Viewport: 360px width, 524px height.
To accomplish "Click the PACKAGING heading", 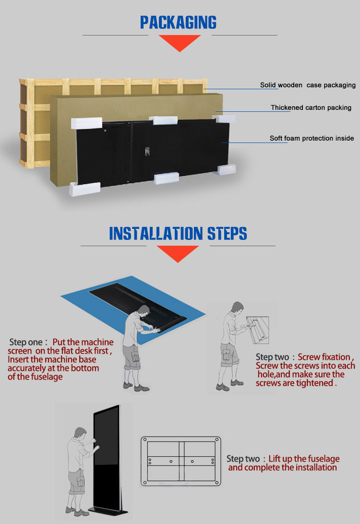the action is (x=178, y=23).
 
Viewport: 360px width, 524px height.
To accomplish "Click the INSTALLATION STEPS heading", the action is (x=178, y=233).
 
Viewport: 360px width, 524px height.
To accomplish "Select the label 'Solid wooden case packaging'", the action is (x=308, y=85).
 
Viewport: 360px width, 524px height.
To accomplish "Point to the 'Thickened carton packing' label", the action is (x=311, y=107).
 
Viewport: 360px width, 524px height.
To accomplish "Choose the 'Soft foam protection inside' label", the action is (x=312, y=138).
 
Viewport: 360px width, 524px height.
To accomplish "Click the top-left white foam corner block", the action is (x=86, y=123).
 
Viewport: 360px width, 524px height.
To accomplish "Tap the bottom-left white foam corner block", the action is (x=84, y=189).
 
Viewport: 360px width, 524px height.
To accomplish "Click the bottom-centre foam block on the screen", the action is (x=166, y=178).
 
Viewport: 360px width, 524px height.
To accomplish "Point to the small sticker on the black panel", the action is (x=147, y=151).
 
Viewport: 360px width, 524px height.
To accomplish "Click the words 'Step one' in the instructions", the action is (x=26, y=342).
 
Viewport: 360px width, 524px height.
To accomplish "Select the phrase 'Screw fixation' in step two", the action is (x=324, y=357).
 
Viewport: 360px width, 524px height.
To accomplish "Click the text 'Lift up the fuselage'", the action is (x=304, y=459).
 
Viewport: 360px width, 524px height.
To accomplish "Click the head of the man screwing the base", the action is (x=237, y=308).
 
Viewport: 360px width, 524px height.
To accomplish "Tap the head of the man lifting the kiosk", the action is (x=81, y=433).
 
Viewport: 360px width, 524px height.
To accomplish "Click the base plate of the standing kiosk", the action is (x=108, y=511).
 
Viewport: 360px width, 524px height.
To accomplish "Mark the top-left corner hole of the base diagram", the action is (x=145, y=440).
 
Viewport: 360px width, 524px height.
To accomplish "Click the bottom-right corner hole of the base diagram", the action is (x=216, y=483).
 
